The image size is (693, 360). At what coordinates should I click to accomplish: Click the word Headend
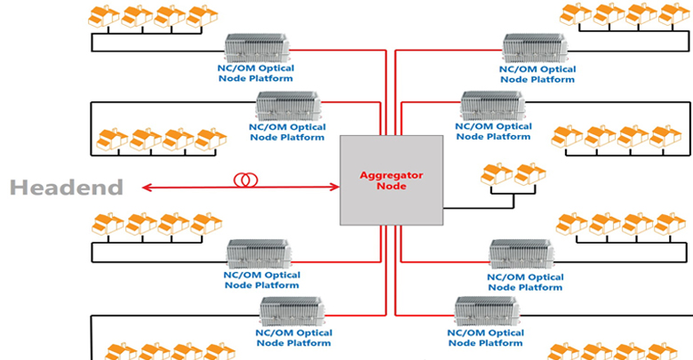67,187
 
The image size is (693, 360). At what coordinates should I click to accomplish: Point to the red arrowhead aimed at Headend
144,187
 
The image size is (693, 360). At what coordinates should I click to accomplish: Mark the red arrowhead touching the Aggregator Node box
336,187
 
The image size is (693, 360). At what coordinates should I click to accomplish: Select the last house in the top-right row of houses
673,13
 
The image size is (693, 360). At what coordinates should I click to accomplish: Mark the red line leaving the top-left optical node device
338,51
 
